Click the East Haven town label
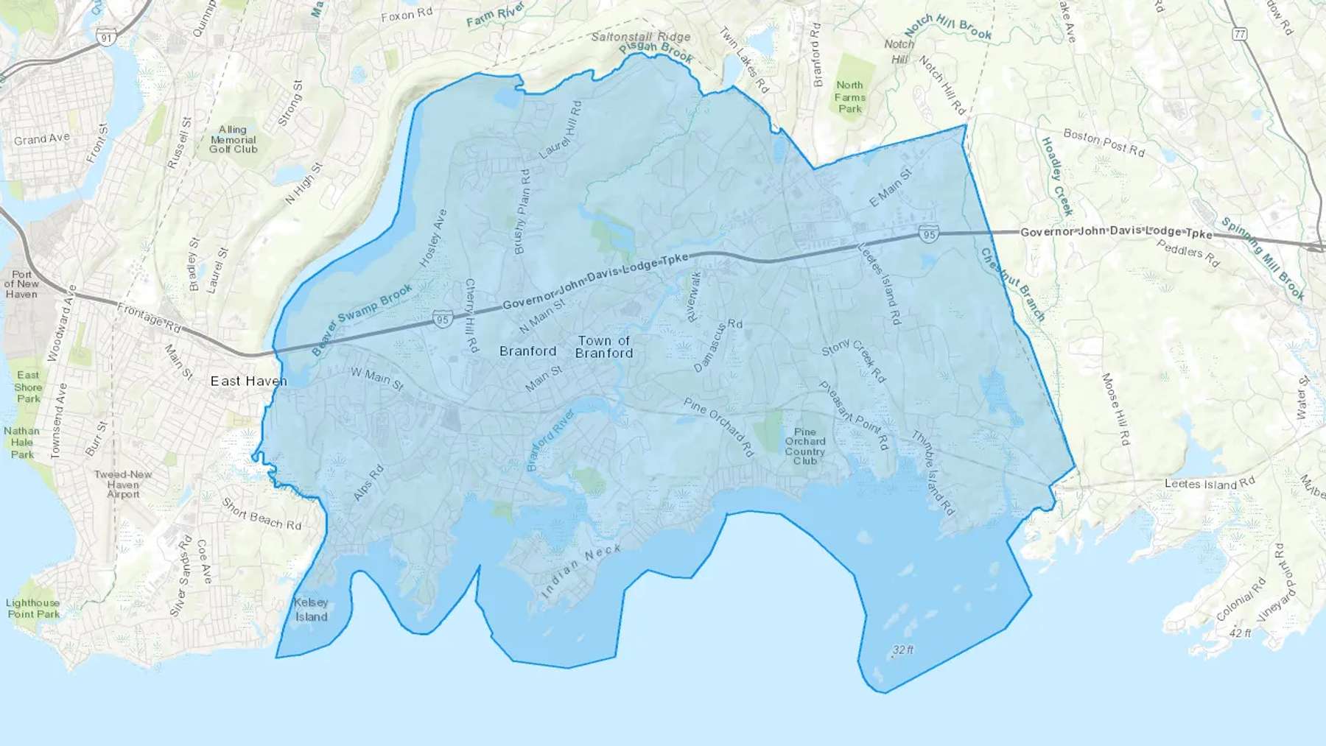pos(248,381)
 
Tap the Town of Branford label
pos(604,347)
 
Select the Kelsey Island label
pos(311,610)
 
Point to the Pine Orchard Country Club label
pos(804,446)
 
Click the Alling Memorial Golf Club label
pos(233,139)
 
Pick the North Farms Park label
pos(849,97)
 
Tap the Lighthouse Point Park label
pos(32,608)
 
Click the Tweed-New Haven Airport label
pos(123,484)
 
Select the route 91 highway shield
pos(108,38)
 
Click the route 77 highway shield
pos(1240,34)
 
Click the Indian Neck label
pos(581,571)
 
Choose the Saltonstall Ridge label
pos(641,36)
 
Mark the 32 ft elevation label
pos(903,650)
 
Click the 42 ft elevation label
pos(1240,633)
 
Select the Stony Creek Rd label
pos(854,361)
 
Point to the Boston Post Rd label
pos(1104,143)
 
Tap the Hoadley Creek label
pos(1056,176)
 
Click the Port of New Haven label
pos(21,284)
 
